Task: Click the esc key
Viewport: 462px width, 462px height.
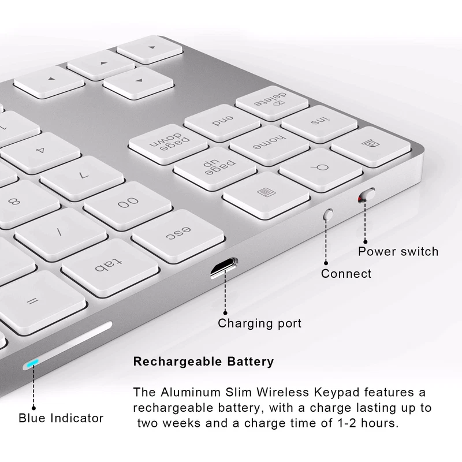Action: click(178, 234)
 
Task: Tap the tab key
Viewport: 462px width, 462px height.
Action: click(110, 267)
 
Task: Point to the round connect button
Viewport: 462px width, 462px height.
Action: click(329, 214)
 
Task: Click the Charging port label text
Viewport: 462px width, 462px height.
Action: click(259, 323)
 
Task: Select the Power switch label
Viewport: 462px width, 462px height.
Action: click(398, 251)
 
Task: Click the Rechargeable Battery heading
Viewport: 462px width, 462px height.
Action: click(203, 362)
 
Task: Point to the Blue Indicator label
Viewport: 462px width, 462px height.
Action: click(61, 418)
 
